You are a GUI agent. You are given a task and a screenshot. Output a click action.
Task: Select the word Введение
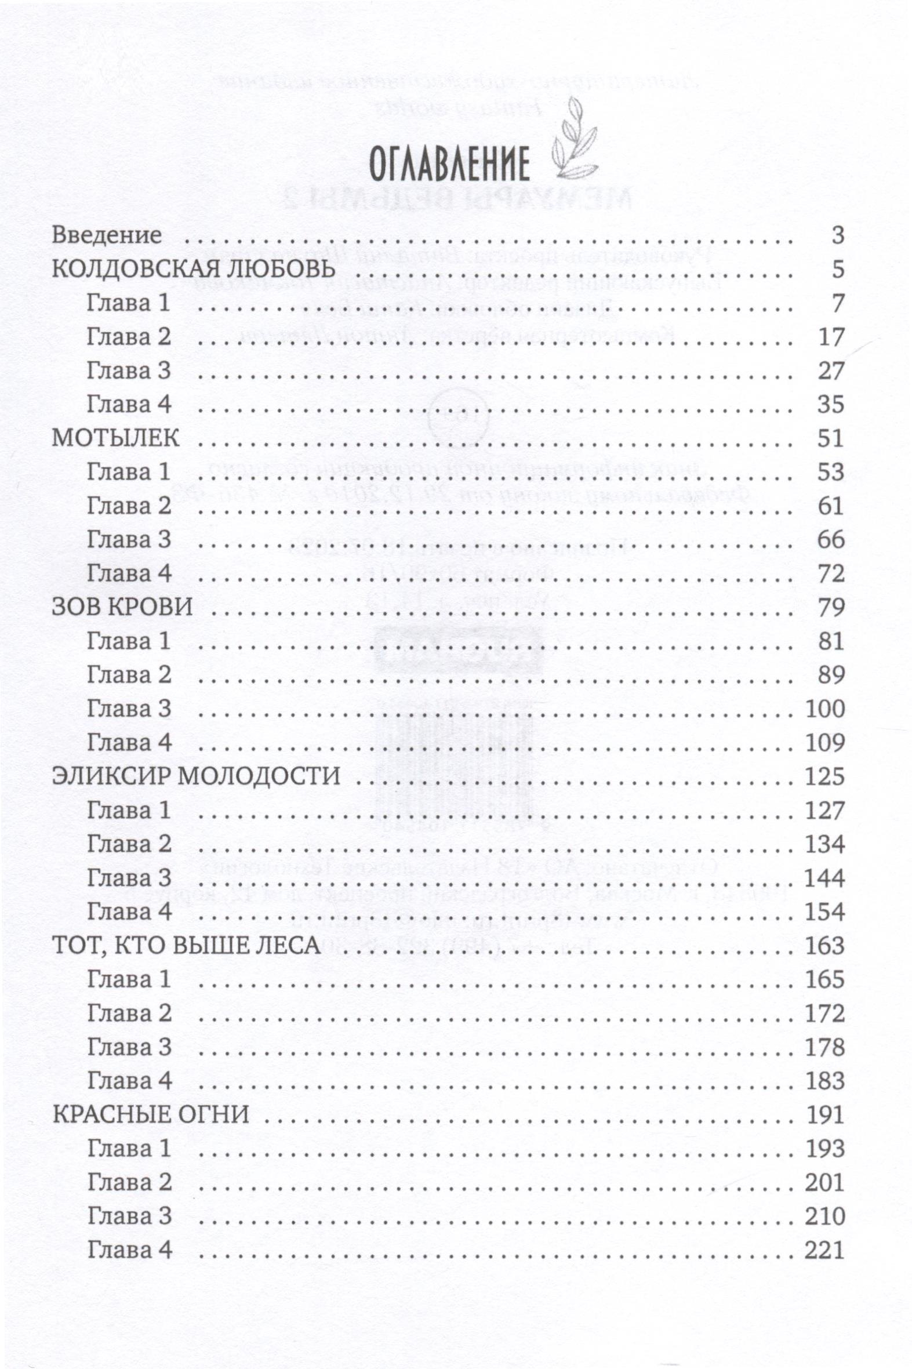tap(107, 235)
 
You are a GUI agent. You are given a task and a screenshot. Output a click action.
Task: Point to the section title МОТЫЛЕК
tap(116, 438)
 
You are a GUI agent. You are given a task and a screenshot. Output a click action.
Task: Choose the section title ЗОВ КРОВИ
tap(122, 607)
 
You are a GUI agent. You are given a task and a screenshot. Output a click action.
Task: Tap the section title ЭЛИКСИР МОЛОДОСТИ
tap(196, 776)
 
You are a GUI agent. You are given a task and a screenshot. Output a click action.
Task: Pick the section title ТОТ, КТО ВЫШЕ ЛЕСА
tap(187, 946)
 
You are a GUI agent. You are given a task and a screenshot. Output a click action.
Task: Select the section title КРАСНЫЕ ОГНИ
tap(151, 1115)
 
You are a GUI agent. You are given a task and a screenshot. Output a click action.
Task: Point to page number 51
tap(831, 438)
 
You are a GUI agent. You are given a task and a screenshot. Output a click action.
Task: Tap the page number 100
tap(825, 709)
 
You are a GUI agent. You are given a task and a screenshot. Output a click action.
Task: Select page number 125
tap(825, 776)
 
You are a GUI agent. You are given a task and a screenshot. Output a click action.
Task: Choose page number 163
tap(825, 946)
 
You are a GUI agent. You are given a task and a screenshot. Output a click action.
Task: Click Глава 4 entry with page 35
tap(129, 404)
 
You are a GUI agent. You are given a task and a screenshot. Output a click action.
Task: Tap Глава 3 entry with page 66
tap(129, 540)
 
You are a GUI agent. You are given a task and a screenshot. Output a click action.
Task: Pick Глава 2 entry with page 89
tap(129, 675)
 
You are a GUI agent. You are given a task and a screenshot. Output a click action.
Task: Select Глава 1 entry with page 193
tap(129, 1149)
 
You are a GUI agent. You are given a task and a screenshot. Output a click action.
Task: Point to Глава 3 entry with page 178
tap(129, 1047)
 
